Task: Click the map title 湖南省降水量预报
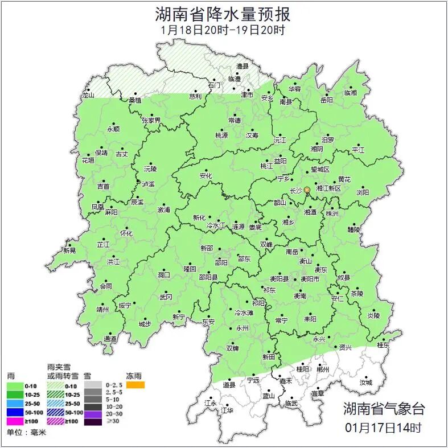(x=223, y=14)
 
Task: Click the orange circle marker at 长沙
(x=307, y=190)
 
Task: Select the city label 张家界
(x=151, y=120)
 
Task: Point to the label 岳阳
(x=326, y=100)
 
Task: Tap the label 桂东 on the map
(x=384, y=345)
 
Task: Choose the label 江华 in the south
(x=227, y=410)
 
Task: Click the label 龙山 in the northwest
(x=88, y=96)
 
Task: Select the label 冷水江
(x=216, y=226)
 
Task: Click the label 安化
(x=205, y=176)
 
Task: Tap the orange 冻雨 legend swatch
(x=135, y=385)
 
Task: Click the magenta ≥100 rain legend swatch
(x=15, y=422)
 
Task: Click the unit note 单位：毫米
(x=26, y=433)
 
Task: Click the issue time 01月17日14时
(x=383, y=427)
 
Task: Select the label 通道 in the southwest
(x=110, y=339)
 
